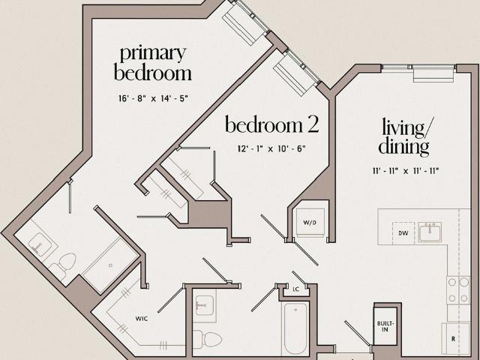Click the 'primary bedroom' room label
pos(153,63)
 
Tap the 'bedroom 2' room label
pos(271,124)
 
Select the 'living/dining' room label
pos(404,137)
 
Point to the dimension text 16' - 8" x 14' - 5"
pos(153,98)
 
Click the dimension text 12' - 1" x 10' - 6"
pos(271,148)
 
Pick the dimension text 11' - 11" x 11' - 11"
pos(406,171)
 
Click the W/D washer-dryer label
pos(310,223)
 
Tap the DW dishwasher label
pos(403,233)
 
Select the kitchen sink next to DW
pos(430,232)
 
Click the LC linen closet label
pos(295,289)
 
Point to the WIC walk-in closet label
pos(142,319)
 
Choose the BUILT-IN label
pos(385,327)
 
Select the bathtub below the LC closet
pos(295,328)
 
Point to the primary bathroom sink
pos(40,243)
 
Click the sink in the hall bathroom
pos(205,305)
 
